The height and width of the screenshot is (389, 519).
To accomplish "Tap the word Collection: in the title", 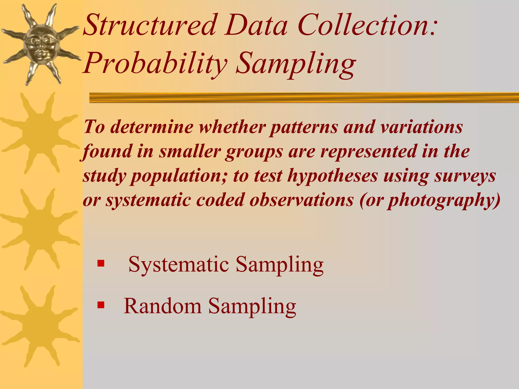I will [x=367, y=25].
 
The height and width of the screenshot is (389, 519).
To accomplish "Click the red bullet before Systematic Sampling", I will [x=101, y=263].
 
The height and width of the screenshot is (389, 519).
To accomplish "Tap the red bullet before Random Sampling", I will [x=101, y=305].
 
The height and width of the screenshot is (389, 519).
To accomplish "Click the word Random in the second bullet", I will [x=162, y=306].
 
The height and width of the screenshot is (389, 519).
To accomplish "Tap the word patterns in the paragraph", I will [x=304, y=127].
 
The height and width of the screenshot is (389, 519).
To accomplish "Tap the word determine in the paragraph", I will [x=152, y=127].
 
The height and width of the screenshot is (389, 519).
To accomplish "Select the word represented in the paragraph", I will [x=368, y=151].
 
